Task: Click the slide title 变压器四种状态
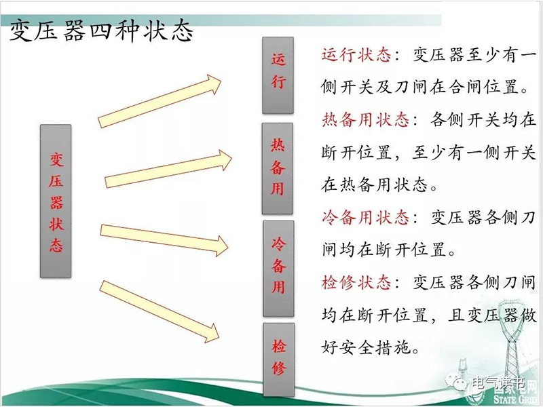pos(100,31)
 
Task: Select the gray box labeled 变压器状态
pos(56,201)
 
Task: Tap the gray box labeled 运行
pos(278,75)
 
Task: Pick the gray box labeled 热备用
pos(278,168)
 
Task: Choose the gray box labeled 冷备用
pos(278,269)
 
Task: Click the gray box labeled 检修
pos(279,360)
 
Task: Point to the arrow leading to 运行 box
pos(160,101)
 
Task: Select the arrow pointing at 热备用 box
pos(168,169)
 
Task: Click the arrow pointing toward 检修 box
pos(160,312)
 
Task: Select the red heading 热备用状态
pos(365,120)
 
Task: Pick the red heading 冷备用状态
pos(365,218)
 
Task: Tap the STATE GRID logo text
pos(517,399)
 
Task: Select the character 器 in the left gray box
pos(56,202)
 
